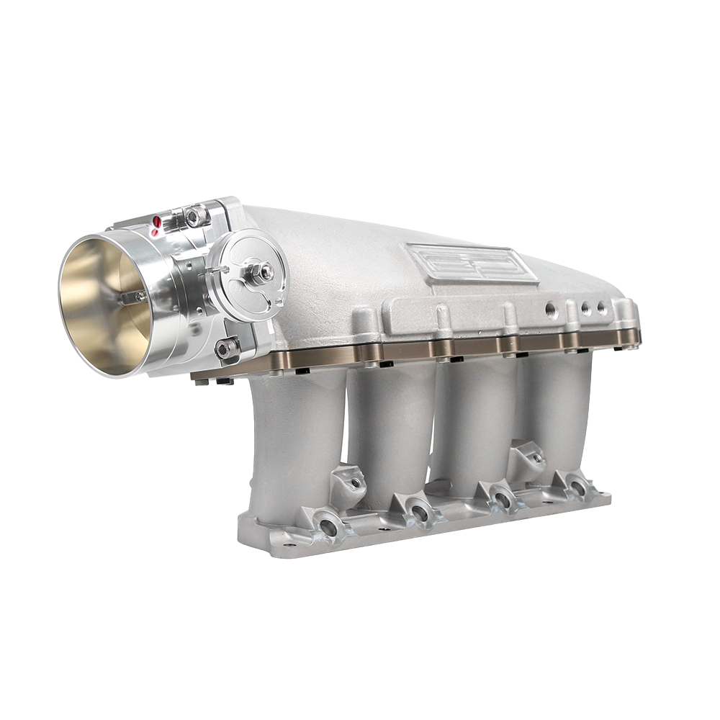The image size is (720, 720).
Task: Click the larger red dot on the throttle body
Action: (156, 220)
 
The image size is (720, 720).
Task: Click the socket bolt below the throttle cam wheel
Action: (227, 349)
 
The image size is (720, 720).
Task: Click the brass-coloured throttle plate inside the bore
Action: (108, 302)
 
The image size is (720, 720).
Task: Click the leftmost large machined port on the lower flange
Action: (328, 527)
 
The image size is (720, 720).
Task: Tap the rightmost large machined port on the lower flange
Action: (577, 488)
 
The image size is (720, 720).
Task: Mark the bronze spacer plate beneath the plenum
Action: (432, 348)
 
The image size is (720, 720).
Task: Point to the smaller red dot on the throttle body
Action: (153, 232)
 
